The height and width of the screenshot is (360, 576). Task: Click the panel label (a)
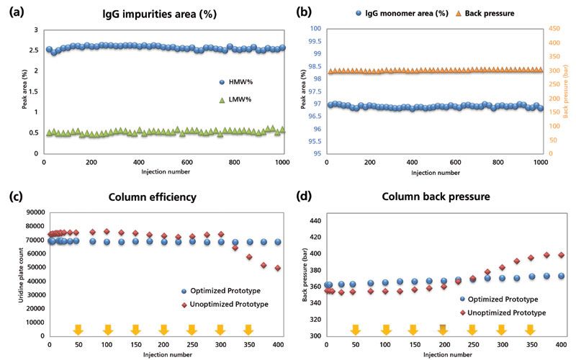coord(14,11)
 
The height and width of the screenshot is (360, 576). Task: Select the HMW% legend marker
coord(222,81)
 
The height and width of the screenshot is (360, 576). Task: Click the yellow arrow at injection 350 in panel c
coord(248,329)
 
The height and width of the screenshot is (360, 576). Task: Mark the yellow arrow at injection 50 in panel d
coord(356,329)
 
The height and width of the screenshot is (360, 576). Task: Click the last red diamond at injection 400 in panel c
coord(278,268)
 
